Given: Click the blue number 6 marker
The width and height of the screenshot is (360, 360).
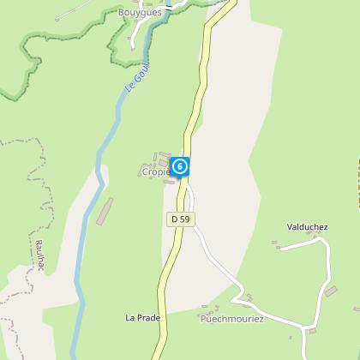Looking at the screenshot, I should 179,166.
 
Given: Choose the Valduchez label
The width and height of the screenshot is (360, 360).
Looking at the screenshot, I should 308,227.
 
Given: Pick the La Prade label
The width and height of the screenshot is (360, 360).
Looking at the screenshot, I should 142,318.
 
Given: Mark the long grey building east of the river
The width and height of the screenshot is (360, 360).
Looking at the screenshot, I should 104,211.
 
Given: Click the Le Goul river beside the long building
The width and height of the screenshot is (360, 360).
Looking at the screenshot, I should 86,214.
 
